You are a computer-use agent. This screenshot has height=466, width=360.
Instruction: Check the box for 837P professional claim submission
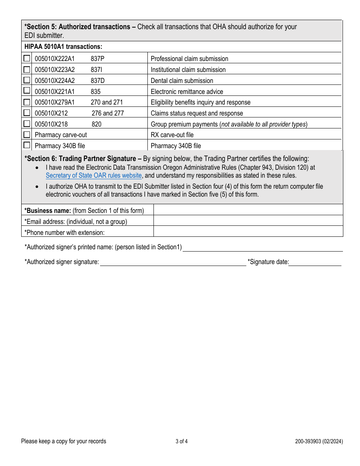tap(27, 58)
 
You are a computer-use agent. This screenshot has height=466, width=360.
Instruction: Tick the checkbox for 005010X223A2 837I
tap(27, 69)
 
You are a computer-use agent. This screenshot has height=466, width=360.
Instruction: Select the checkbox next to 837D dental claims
tap(27, 80)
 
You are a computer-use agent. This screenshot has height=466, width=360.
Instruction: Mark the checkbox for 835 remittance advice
tap(27, 91)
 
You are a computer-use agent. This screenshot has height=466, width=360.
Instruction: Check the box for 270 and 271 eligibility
tap(27, 102)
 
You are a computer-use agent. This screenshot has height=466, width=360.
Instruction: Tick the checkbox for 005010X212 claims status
tap(27, 113)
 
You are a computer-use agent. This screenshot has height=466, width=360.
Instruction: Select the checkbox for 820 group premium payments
tap(27, 124)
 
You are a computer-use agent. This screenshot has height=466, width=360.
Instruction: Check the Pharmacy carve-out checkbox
tap(27, 134)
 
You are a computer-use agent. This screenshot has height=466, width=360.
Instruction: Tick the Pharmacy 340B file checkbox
tap(27, 145)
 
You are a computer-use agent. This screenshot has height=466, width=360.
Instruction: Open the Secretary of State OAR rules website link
tap(94, 176)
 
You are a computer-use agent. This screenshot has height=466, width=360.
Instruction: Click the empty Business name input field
tap(248, 210)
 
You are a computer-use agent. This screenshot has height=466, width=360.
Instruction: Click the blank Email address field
tap(248, 221)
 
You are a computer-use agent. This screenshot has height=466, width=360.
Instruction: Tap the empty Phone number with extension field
tap(248, 231)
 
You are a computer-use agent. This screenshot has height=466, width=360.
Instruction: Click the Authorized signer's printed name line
tap(263, 247)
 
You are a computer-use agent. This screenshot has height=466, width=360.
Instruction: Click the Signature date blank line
tap(315, 262)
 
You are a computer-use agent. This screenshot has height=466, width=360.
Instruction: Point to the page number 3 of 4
tap(182, 441)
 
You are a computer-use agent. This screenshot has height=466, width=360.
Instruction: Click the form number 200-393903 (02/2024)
tap(319, 441)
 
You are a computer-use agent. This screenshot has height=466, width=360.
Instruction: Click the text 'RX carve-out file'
tap(172, 135)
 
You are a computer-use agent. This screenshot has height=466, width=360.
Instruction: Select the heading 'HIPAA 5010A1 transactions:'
tap(63, 47)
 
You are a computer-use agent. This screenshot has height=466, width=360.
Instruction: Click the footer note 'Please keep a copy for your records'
tap(64, 441)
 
